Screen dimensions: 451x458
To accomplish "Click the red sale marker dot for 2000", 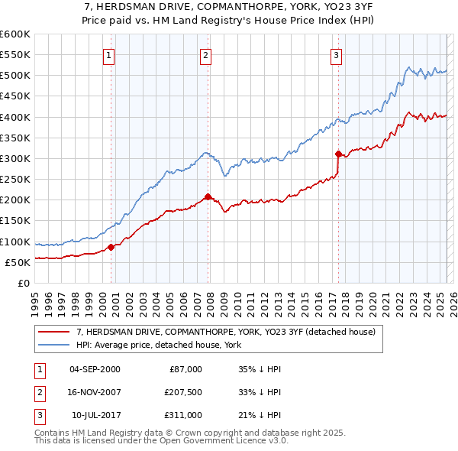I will [x=111, y=247].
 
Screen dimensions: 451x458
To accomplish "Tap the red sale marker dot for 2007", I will [x=208, y=196].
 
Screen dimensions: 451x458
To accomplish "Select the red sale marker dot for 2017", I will [x=338, y=154].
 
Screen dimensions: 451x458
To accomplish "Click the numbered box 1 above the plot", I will [x=109, y=54].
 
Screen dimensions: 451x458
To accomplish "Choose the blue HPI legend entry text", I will [x=158, y=346].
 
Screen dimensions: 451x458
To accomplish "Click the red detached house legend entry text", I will [x=225, y=333].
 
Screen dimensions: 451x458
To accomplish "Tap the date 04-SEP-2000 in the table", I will [x=95, y=369].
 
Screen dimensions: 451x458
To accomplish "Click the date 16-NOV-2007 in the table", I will [x=95, y=392].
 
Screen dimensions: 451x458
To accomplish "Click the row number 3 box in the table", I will [x=37, y=415].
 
